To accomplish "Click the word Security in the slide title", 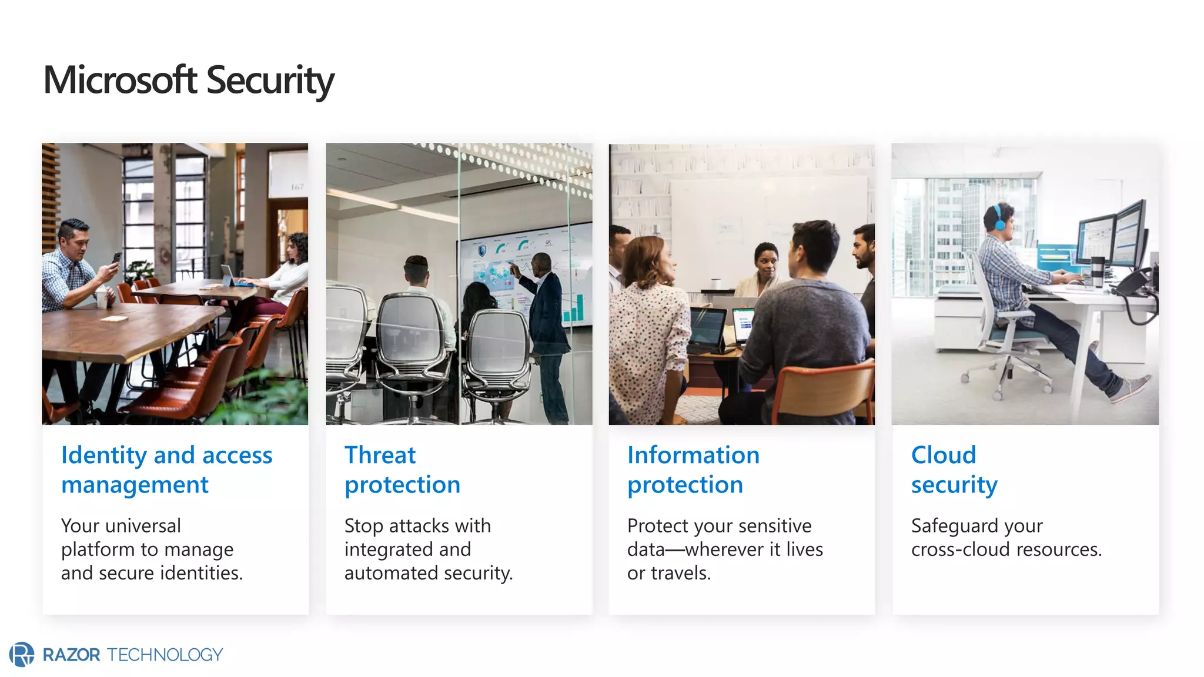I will point(270,80).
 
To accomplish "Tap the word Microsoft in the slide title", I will point(120,80).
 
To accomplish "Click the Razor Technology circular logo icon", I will point(22,654).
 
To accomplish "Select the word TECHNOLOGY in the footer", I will point(165,655).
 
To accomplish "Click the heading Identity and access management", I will point(166,470).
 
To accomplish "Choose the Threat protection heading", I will point(402,470).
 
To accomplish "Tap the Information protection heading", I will point(693,470).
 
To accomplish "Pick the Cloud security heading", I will point(954,470).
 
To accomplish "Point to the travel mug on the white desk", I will point(1096,272).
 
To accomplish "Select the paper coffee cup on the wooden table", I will point(102,298).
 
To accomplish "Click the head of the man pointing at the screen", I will point(541,263).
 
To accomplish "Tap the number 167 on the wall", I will point(297,187).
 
